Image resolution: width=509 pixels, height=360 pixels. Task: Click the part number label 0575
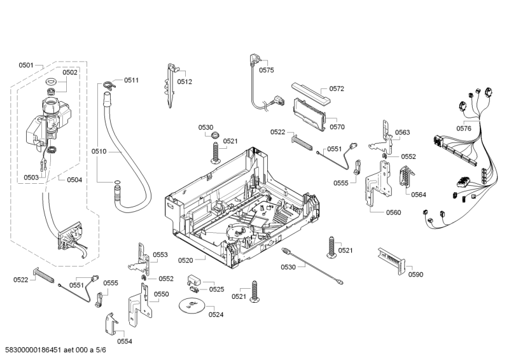(267, 70)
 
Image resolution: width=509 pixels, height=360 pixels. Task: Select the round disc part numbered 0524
(192, 307)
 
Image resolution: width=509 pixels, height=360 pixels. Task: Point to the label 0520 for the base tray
(186, 261)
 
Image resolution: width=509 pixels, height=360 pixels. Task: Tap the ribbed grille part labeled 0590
(391, 260)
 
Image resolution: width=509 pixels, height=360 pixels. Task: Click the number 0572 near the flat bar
(337, 89)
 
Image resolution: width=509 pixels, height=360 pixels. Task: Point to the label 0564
(418, 194)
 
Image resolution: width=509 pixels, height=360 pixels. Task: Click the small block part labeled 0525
(193, 280)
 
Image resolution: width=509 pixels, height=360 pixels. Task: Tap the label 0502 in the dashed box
(70, 73)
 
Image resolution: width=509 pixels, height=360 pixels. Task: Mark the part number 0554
(125, 342)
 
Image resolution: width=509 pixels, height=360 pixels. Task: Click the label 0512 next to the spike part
(185, 82)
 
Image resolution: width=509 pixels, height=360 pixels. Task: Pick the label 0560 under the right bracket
(393, 212)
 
